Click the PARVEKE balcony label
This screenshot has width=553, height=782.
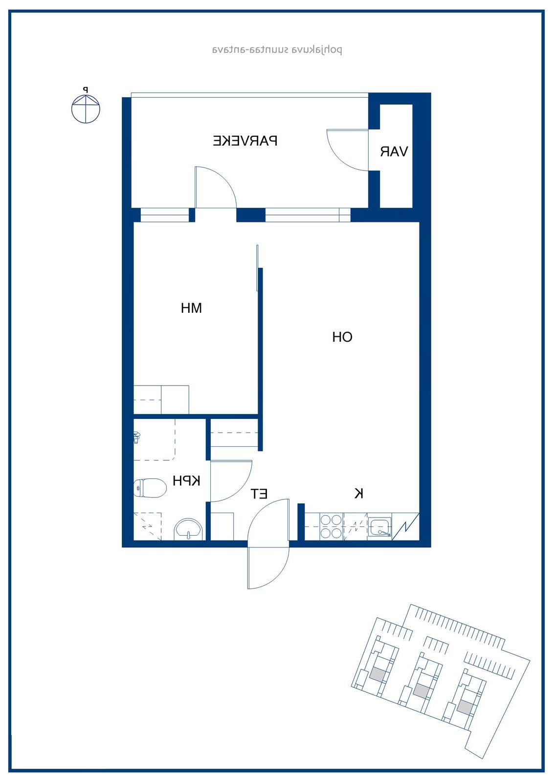coord(245,141)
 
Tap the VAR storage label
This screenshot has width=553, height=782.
coord(394,152)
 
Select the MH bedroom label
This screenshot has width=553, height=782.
coord(192,308)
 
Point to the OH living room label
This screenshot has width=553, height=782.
coord(342,337)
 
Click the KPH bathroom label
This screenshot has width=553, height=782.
coord(187,481)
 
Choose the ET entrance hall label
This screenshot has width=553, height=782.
coord(259,494)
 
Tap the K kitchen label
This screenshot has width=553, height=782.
coord(359,493)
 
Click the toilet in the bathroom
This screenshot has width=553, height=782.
coord(150,488)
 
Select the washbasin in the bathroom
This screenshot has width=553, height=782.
coord(189,529)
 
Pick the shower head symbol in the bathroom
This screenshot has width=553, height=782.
coord(136,437)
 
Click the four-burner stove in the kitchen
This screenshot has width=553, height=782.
coord(331,526)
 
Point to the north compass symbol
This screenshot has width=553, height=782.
coord(86,107)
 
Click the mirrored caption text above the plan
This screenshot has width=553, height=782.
coord(277,50)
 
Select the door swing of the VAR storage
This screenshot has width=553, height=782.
coord(348,150)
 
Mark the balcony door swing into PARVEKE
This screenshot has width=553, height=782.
coord(216,188)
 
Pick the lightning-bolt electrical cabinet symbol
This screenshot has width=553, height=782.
coord(405,526)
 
